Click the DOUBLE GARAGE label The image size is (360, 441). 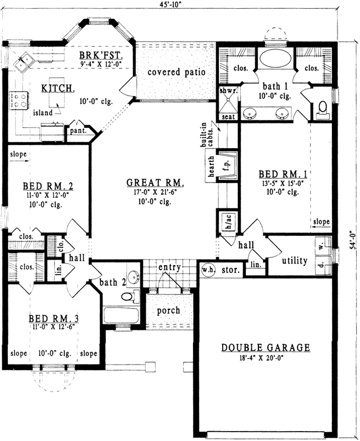coord(266,348)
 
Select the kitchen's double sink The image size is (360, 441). coord(24,62)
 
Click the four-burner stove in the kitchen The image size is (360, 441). coord(19,100)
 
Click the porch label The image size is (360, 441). coord(168,310)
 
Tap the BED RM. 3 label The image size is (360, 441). coord(53,319)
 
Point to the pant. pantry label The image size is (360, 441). coord(76,131)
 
